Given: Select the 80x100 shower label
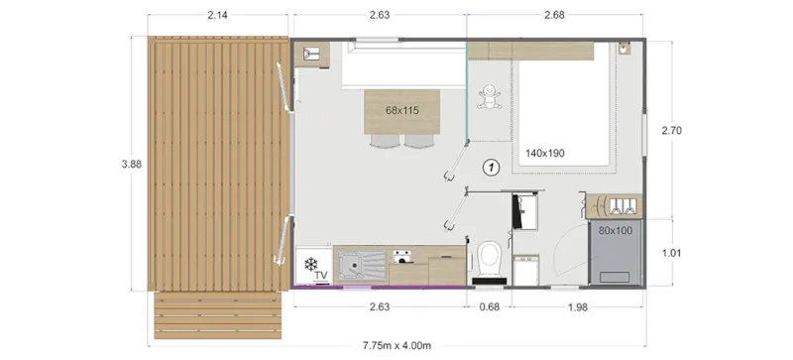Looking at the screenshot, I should [x=618, y=231].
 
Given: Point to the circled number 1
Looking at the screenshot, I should [x=489, y=168].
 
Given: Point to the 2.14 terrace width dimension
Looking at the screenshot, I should [x=219, y=16].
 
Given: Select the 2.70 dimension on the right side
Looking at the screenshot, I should [x=675, y=130].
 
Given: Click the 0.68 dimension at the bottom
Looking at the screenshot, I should [x=488, y=305].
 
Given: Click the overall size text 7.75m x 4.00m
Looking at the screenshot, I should [x=396, y=346].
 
